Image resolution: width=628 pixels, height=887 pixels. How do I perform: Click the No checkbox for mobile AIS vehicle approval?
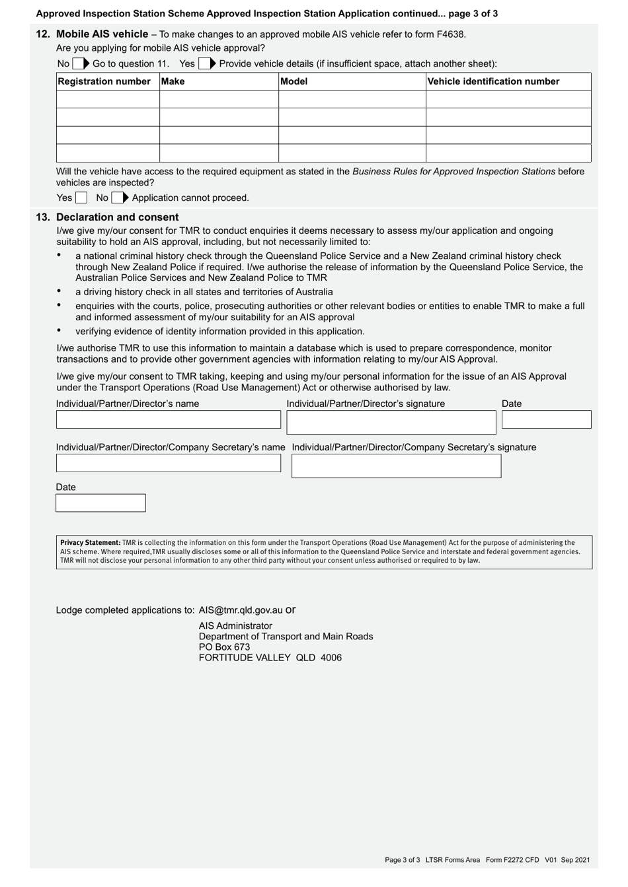pos(78,64)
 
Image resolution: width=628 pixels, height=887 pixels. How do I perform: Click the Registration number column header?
pos(104,81)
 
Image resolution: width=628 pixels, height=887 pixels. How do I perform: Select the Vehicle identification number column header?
pos(493,81)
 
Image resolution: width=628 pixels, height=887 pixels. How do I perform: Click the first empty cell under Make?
pos(219,99)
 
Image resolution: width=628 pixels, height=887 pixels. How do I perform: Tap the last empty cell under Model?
pos(352,153)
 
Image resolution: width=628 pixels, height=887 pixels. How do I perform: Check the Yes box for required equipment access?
pos(81,197)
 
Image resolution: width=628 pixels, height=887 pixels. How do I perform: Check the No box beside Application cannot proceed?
pos(117,197)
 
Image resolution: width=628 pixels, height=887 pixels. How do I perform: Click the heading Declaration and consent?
pos(117,217)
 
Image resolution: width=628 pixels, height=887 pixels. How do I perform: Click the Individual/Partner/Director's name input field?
pos(169,419)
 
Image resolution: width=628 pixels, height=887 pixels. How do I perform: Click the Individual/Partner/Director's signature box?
pos(391,423)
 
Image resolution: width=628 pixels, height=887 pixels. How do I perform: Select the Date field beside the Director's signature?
pos(546,419)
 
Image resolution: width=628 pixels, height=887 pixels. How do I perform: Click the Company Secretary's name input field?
pos(169,463)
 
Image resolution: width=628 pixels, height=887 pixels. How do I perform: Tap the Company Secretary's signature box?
pos(396,466)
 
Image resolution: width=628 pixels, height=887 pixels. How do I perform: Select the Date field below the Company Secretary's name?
pos(100,503)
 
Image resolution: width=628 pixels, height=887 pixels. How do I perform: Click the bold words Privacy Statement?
pos(91,543)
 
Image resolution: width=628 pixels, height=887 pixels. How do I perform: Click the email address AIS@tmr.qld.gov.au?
pos(241,610)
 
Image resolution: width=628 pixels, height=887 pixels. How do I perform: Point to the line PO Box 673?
pos(224,647)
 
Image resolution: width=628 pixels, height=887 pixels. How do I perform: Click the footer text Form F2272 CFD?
pos(512,860)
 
